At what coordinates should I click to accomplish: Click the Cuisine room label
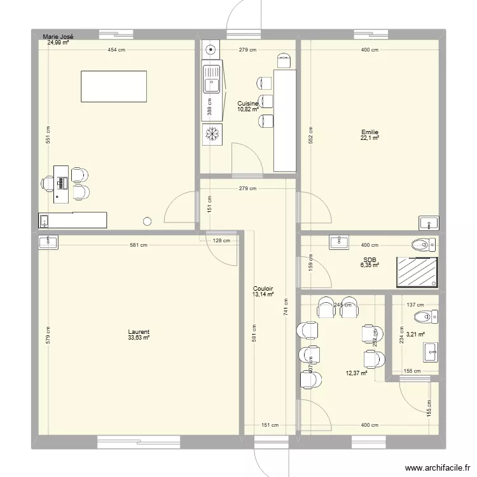247,103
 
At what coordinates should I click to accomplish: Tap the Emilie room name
370,132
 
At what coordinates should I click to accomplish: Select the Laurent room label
138,332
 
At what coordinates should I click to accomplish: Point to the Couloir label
263,288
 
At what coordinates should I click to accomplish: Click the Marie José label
59,37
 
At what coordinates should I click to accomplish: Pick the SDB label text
370,259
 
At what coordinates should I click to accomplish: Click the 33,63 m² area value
138,338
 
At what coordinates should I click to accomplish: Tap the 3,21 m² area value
415,334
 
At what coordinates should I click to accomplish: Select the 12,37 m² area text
357,373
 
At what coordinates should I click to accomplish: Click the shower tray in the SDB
417,272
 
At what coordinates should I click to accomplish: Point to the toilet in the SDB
424,244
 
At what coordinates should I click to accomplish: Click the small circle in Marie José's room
148,221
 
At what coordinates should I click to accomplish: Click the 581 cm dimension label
139,245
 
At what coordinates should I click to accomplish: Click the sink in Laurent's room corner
48,242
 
